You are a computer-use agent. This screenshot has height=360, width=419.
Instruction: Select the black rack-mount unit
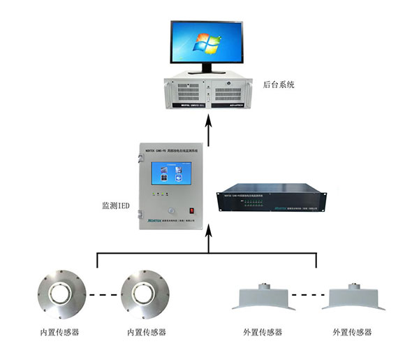point(261,201)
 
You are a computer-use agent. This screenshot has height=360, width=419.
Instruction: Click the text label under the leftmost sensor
point(59,332)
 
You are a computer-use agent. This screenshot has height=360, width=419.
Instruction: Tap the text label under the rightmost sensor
point(352,331)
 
